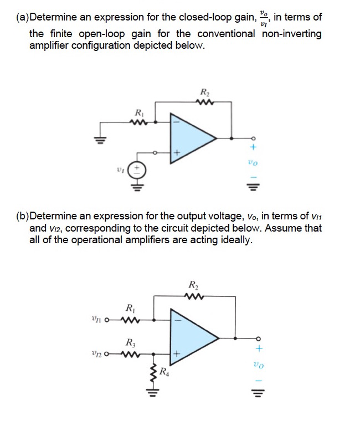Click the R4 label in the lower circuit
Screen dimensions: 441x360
[164, 372]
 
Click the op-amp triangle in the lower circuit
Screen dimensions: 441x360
[194, 337]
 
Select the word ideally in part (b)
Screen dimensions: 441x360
[235, 240]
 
